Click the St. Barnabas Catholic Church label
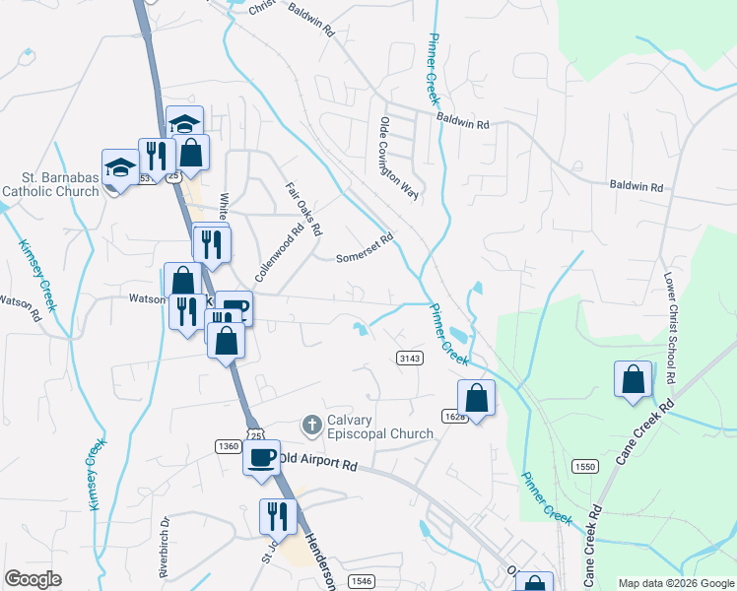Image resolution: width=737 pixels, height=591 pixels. (52, 184)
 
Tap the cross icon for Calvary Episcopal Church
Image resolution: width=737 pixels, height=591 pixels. (311, 426)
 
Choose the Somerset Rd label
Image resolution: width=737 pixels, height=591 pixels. (365, 244)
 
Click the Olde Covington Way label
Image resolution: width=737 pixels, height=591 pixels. (399, 159)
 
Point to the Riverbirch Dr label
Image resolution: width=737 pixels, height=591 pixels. (166, 544)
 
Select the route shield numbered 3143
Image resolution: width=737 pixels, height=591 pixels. (410, 358)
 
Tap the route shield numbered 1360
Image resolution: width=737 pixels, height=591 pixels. (228, 446)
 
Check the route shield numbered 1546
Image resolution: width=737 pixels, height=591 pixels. (361, 581)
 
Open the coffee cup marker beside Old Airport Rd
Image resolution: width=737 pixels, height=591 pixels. (262, 459)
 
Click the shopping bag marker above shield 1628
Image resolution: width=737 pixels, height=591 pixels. (477, 399)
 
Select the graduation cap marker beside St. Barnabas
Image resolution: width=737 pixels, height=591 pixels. (120, 168)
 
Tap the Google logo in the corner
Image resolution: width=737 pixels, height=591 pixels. (33, 579)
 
